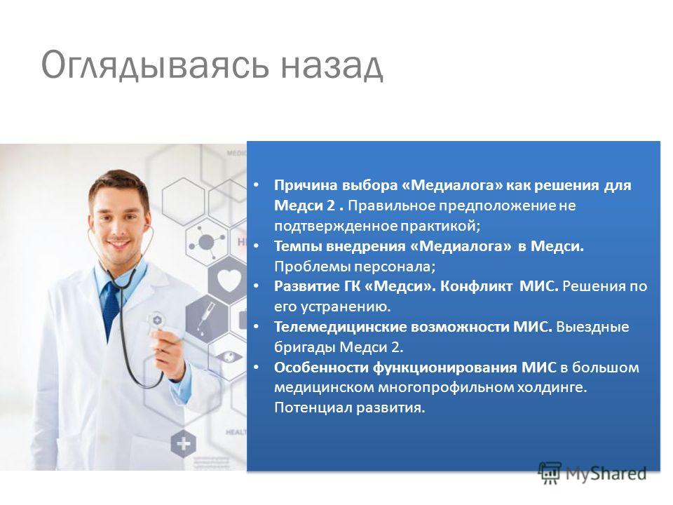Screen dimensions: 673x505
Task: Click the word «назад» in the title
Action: coord(332,65)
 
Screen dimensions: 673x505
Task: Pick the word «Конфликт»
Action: coord(477,286)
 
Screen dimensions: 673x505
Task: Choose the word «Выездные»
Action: coord(592,328)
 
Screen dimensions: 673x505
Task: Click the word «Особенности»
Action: coord(321,368)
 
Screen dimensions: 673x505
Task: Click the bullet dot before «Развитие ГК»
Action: coord(257,286)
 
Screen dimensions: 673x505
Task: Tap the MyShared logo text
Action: coord(606,473)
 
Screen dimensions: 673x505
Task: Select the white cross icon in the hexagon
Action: coord(183,443)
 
